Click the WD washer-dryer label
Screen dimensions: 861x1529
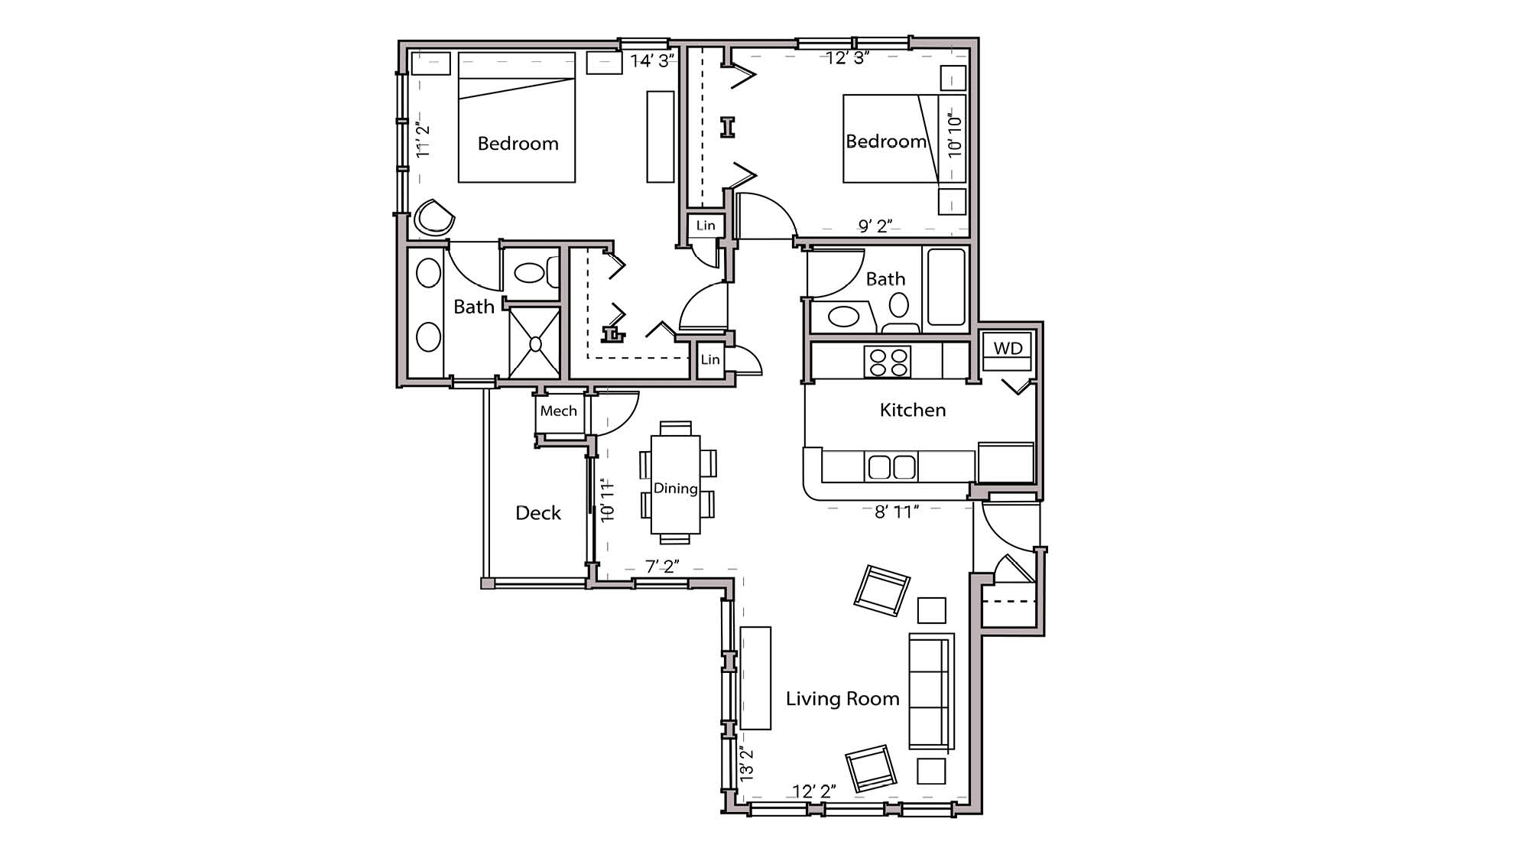click(1008, 349)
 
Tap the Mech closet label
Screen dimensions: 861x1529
click(558, 411)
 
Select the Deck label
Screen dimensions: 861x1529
click(537, 513)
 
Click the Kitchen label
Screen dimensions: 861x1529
click(912, 411)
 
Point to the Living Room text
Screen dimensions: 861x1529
click(842, 699)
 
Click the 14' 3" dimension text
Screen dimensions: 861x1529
click(652, 61)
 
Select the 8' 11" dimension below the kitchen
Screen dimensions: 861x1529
click(896, 512)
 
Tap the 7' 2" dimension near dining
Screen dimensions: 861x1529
click(662, 567)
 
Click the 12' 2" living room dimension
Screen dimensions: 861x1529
click(813, 791)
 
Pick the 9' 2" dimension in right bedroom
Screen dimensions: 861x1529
click(875, 226)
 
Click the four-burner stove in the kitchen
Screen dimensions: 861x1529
click(887, 362)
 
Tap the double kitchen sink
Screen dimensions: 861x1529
click(891, 466)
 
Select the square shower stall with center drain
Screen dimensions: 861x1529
click(534, 344)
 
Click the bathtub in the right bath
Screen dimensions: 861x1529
click(946, 287)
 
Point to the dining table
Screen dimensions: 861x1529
click(675, 484)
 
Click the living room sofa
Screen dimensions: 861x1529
click(930, 691)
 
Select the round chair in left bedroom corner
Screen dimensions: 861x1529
click(433, 218)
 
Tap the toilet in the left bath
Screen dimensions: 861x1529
click(532, 273)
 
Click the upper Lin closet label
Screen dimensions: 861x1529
click(705, 226)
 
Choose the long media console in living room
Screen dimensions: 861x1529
click(755, 678)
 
